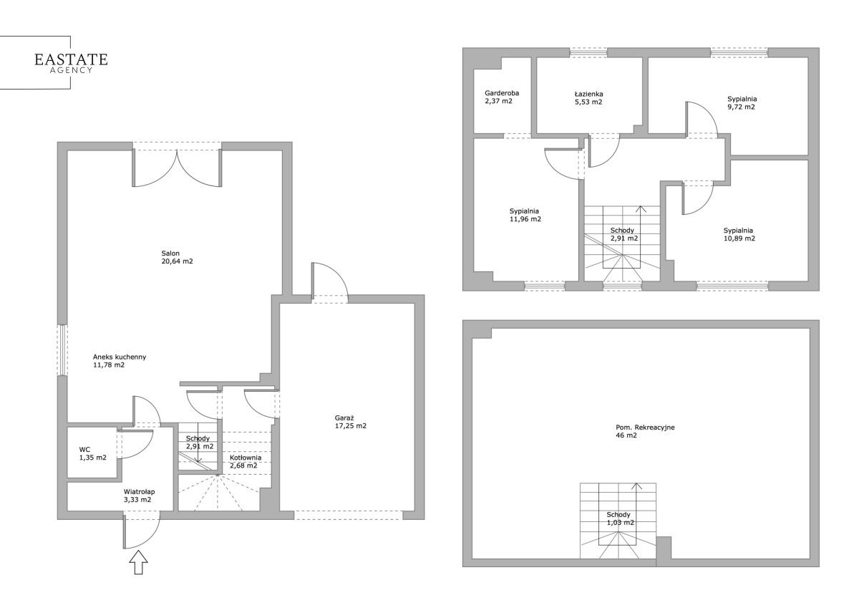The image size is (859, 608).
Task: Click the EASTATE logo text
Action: [71, 59]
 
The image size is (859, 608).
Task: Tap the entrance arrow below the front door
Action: [138, 562]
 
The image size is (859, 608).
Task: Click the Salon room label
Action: [170, 254]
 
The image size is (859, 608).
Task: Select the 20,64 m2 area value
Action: [178, 261]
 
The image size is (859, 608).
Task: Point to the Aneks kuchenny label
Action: [120, 357]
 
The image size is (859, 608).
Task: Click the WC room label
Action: [84, 450]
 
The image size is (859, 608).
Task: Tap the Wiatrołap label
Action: [139, 492]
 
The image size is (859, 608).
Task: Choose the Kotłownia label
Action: [246, 458]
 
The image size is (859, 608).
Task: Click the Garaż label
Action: [344, 418]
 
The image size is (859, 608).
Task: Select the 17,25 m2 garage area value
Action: [351, 426]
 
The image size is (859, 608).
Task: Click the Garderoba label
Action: [502, 93]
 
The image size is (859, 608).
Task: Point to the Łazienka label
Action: [588, 94]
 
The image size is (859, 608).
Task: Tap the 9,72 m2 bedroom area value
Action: [742, 107]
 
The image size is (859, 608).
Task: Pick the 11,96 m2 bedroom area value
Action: [525, 219]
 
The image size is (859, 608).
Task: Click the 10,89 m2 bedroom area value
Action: [739, 238]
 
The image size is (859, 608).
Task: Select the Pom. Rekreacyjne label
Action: [645, 428]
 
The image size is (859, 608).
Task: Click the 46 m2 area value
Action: [626, 435]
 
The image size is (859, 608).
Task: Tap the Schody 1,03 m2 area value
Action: [621, 523]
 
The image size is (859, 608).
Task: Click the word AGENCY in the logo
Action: [72, 70]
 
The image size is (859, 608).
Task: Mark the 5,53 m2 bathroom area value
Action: [588, 102]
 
